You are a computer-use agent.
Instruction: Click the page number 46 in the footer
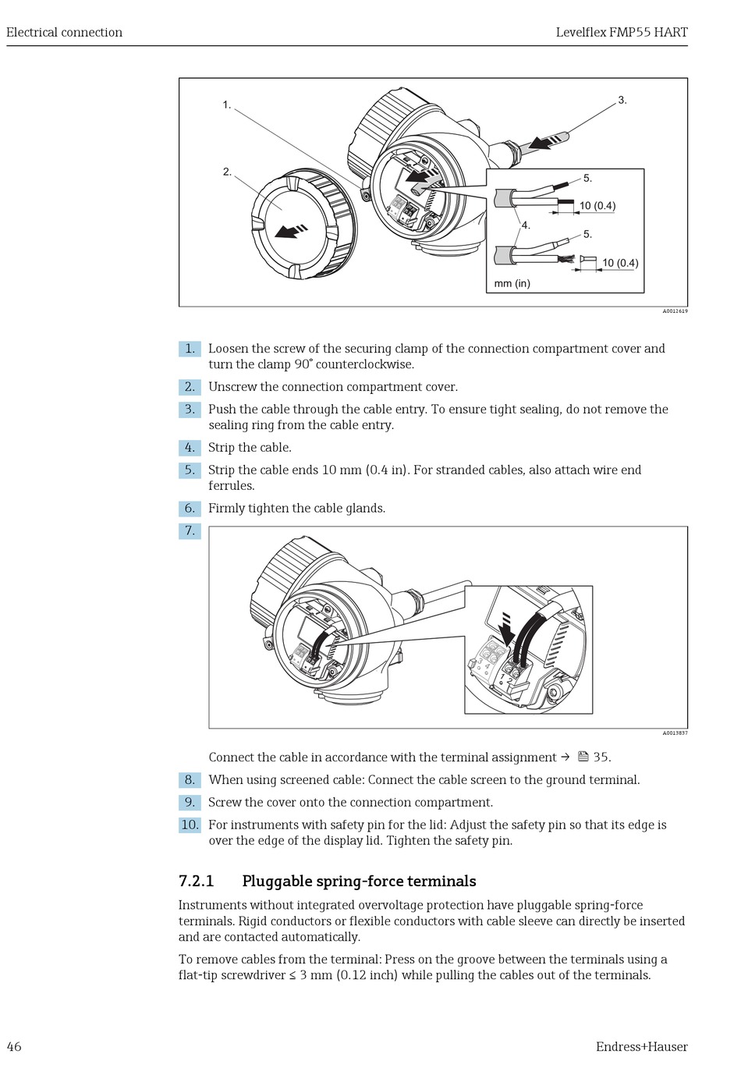pyautogui.click(x=14, y=1046)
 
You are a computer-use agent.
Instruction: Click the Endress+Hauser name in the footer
pyautogui.click(x=641, y=1046)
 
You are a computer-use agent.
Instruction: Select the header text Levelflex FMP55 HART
pyautogui.click(x=621, y=32)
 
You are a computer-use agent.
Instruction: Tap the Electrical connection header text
pyautogui.click(x=64, y=32)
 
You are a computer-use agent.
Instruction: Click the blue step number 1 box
pyautogui.click(x=190, y=349)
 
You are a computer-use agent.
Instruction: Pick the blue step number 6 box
pyautogui.click(x=190, y=509)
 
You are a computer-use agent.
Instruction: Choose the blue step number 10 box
pyautogui.click(x=190, y=825)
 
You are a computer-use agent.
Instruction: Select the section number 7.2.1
pyautogui.click(x=197, y=881)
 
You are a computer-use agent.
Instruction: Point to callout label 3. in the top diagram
pyautogui.click(x=622, y=100)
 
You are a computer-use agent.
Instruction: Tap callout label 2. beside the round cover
pyautogui.click(x=227, y=172)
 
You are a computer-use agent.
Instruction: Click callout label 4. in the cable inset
pyautogui.click(x=526, y=225)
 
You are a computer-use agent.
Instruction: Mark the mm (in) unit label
pyautogui.click(x=512, y=283)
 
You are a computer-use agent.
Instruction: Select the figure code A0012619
pyautogui.click(x=675, y=311)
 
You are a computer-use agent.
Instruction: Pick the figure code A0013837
pyautogui.click(x=675, y=733)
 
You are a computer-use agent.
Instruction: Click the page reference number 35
pyautogui.click(x=601, y=758)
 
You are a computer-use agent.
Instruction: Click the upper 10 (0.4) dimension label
pyautogui.click(x=597, y=206)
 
